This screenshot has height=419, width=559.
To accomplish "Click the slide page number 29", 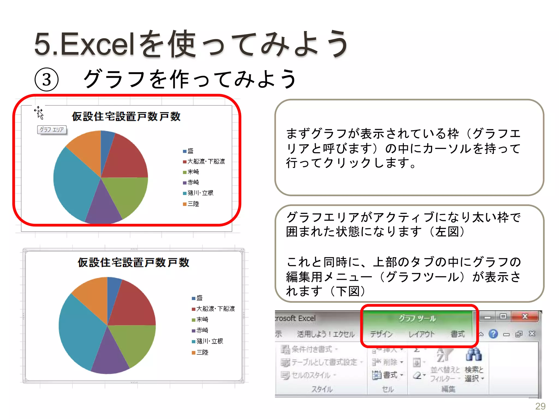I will (540, 406).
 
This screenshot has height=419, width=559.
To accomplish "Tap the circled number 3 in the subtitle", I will (47, 80).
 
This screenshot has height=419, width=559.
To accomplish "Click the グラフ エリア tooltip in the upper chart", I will (52, 130).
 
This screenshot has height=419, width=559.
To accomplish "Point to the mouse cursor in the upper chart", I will (39, 113).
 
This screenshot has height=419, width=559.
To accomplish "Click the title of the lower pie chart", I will (133, 262).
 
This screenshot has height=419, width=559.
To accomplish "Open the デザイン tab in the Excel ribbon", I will (381, 334).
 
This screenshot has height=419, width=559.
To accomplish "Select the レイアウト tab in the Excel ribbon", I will (421, 334).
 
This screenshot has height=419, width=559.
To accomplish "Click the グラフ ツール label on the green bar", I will (417, 318).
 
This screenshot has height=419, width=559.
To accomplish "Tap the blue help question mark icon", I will (493, 334).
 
